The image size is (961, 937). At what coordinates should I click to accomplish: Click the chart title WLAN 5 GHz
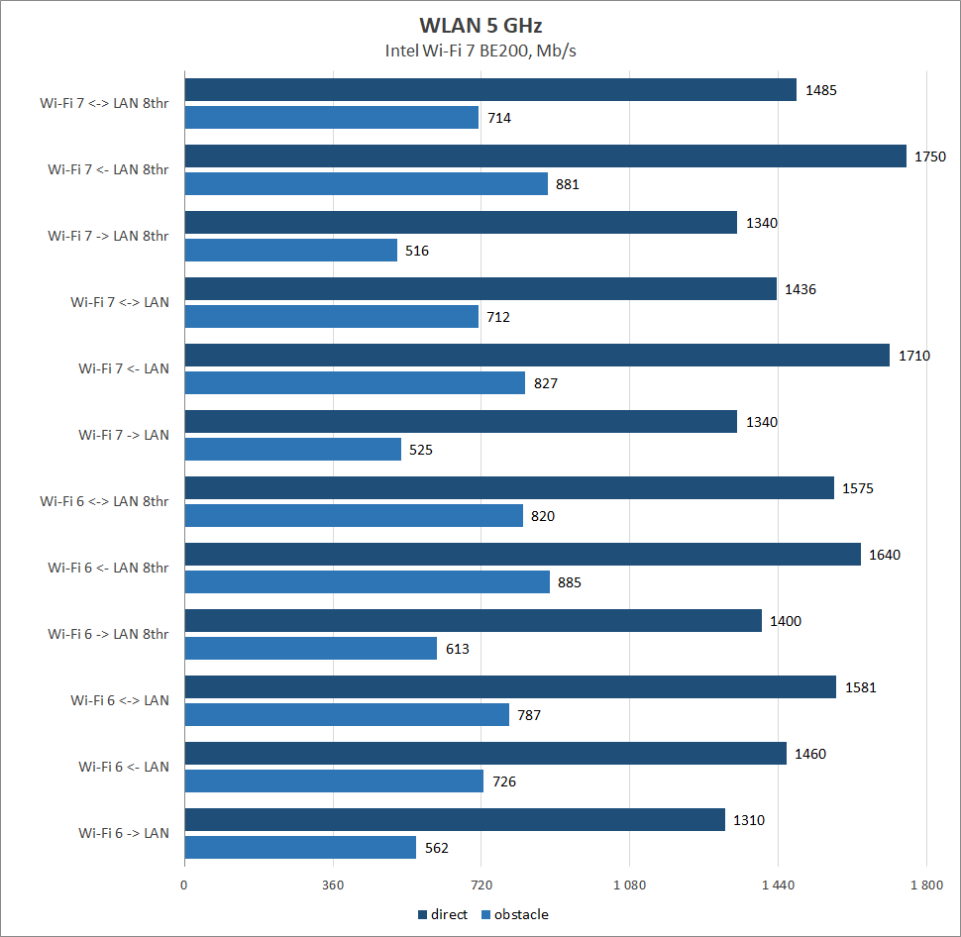pos(480,24)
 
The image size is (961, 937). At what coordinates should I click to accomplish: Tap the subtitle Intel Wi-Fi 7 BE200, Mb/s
pos(480,51)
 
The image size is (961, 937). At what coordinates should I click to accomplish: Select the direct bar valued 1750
pos(545,156)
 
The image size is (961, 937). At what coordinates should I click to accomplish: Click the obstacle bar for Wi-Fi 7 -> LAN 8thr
pos(291,251)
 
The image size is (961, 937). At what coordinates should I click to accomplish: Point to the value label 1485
pos(821,90)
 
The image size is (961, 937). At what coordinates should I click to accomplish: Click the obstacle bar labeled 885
pos(367,582)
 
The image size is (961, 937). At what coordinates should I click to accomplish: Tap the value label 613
pos(457,649)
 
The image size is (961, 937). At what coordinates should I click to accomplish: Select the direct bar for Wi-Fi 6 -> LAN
pos(455,820)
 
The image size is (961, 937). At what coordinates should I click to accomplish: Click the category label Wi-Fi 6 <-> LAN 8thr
pos(104,501)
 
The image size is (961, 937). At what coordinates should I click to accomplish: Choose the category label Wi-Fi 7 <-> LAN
pos(120,302)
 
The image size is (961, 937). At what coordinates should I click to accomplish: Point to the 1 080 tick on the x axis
pos(629,885)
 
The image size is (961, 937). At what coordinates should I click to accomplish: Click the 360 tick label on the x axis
pos(333,885)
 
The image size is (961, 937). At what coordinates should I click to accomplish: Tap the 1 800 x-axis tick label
pos(925,885)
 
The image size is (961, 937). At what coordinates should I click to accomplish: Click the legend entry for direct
pos(442,914)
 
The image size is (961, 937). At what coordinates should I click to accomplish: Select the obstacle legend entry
pos(514,914)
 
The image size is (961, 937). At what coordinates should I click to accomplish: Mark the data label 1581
pos(860,687)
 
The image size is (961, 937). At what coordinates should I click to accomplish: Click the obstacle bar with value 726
pos(334,781)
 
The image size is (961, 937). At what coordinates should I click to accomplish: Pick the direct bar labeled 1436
pos(480,289)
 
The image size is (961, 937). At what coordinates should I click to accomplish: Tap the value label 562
pos(436,848)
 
